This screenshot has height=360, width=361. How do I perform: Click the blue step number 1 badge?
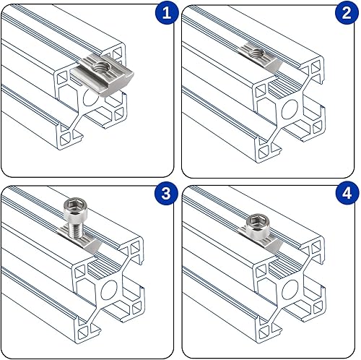pos(167,12)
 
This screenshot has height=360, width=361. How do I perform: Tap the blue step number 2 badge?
pos(347,12)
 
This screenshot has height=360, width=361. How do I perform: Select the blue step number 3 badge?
pos(166,193)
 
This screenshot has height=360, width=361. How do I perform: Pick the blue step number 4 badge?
pos(347,193)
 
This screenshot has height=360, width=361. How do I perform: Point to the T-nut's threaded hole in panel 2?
pos(257,52)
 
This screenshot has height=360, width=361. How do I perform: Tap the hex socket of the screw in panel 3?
pos(74,205)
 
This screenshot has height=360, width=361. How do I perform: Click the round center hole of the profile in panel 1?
pos(90,98)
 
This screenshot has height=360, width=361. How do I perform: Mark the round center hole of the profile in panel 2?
pos(290,109)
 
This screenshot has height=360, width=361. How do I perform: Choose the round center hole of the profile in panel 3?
pos(109,290)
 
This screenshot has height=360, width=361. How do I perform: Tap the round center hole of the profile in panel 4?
pos(290,290)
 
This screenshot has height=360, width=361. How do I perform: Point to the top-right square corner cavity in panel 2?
pos(316,67)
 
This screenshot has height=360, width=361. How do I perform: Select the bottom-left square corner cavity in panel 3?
pos(83,333)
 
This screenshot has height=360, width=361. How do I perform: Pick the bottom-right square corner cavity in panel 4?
pos(317,307)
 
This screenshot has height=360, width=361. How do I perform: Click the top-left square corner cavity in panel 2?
pos(261,92)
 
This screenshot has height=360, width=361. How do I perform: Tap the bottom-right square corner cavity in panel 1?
pos(118,114)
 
